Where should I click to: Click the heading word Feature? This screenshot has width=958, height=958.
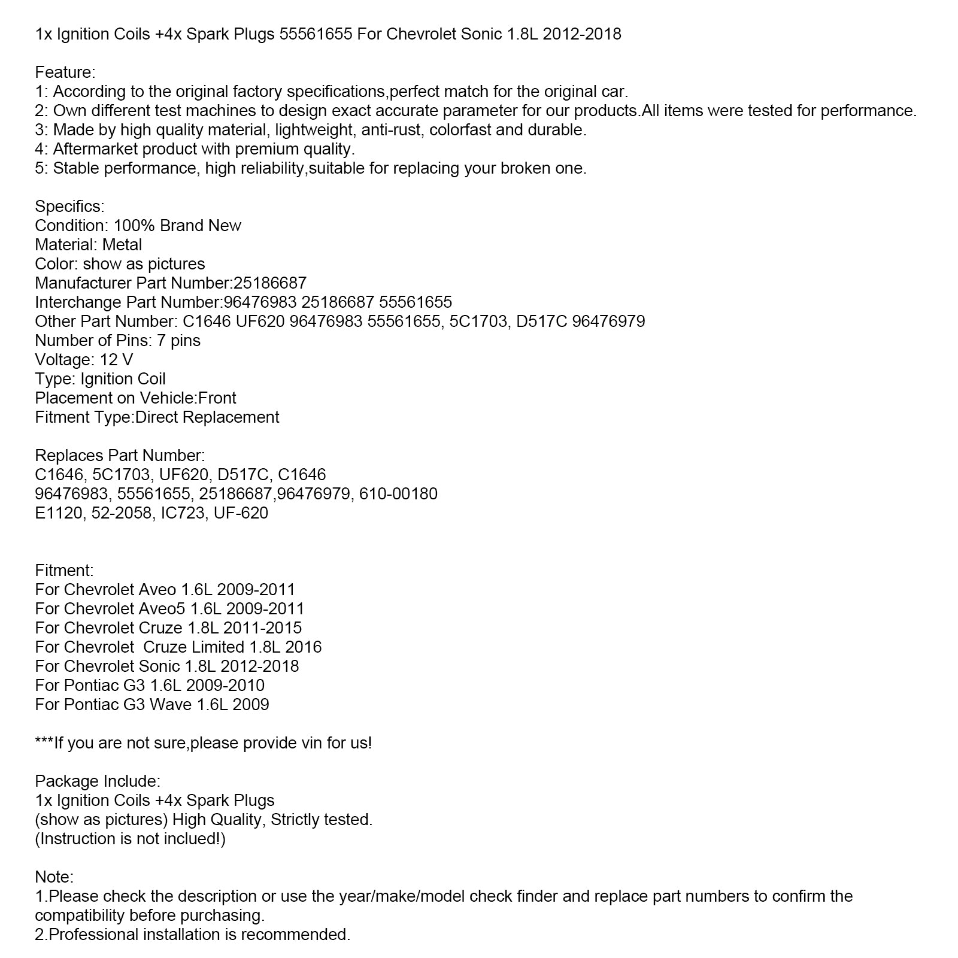[65, 72]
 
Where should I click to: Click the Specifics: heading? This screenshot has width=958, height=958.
[69, 207]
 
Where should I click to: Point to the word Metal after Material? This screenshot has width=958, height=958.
[122, 245]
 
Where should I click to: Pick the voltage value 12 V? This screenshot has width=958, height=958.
[117, 360]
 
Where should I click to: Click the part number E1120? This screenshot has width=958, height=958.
[59, 513]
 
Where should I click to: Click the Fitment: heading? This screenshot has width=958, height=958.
[64, 571]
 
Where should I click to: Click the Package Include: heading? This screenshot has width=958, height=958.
[98, 781]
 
